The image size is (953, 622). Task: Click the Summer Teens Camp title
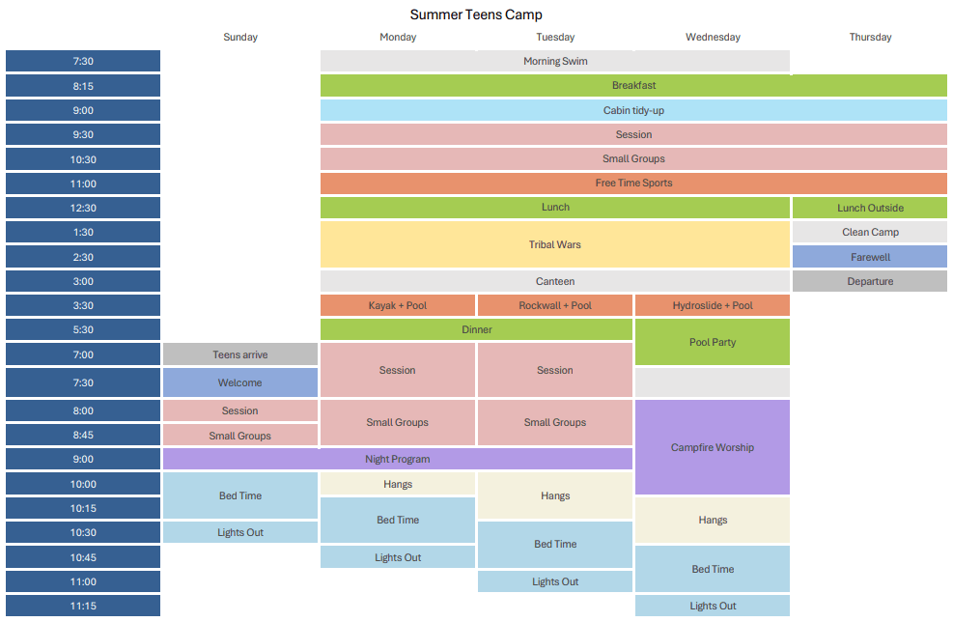(476, 14)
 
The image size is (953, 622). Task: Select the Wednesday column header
(713, 38)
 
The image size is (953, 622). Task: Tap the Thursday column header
(870, 38)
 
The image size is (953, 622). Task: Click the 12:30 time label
(83, 208)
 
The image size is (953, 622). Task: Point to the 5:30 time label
(83, 329)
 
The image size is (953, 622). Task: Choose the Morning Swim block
(555, 61)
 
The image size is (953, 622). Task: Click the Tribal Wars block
(555, 244)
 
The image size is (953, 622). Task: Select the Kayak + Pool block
(398, 305)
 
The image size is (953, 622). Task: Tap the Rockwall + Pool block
(555, 305)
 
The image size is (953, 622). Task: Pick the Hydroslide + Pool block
(713, 305)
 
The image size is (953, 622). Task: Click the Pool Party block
(713, 342)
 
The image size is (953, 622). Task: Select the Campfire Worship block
(713, 447)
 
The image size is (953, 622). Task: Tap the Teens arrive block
(240, 354)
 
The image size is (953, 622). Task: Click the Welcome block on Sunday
(240, 382)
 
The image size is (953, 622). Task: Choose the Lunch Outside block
(870, 208)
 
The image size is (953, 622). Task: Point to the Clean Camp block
(870, 232)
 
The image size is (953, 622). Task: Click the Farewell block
(870, 257)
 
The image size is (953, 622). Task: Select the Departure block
(870, 281)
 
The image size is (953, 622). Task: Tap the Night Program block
(398, 459)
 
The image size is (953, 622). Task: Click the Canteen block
(555, 281)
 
